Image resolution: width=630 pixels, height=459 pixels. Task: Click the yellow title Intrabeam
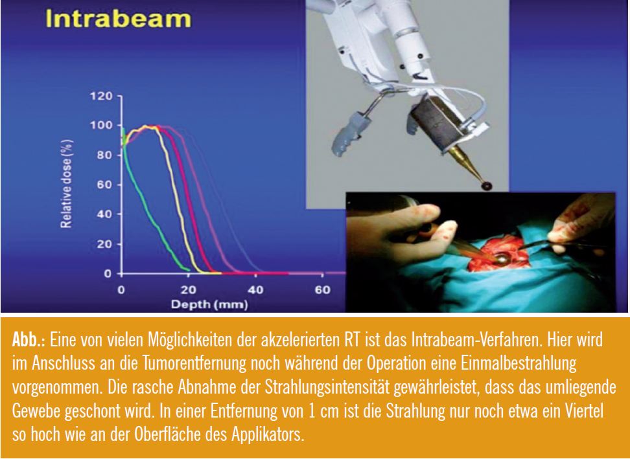tap(119, 19)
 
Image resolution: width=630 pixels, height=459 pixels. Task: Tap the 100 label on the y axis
tap(101, 125)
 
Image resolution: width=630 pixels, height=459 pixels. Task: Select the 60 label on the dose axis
tap(104, 185)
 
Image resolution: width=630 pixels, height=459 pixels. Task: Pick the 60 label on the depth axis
tap(322, 289)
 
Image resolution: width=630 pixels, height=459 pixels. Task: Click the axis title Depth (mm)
tap(209, 304)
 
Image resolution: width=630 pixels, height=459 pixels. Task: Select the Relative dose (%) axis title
tap(66, 184)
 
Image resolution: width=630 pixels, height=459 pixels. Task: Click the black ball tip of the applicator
tap(487, 185)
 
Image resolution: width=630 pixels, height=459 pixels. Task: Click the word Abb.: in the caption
tap(29, 341)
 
